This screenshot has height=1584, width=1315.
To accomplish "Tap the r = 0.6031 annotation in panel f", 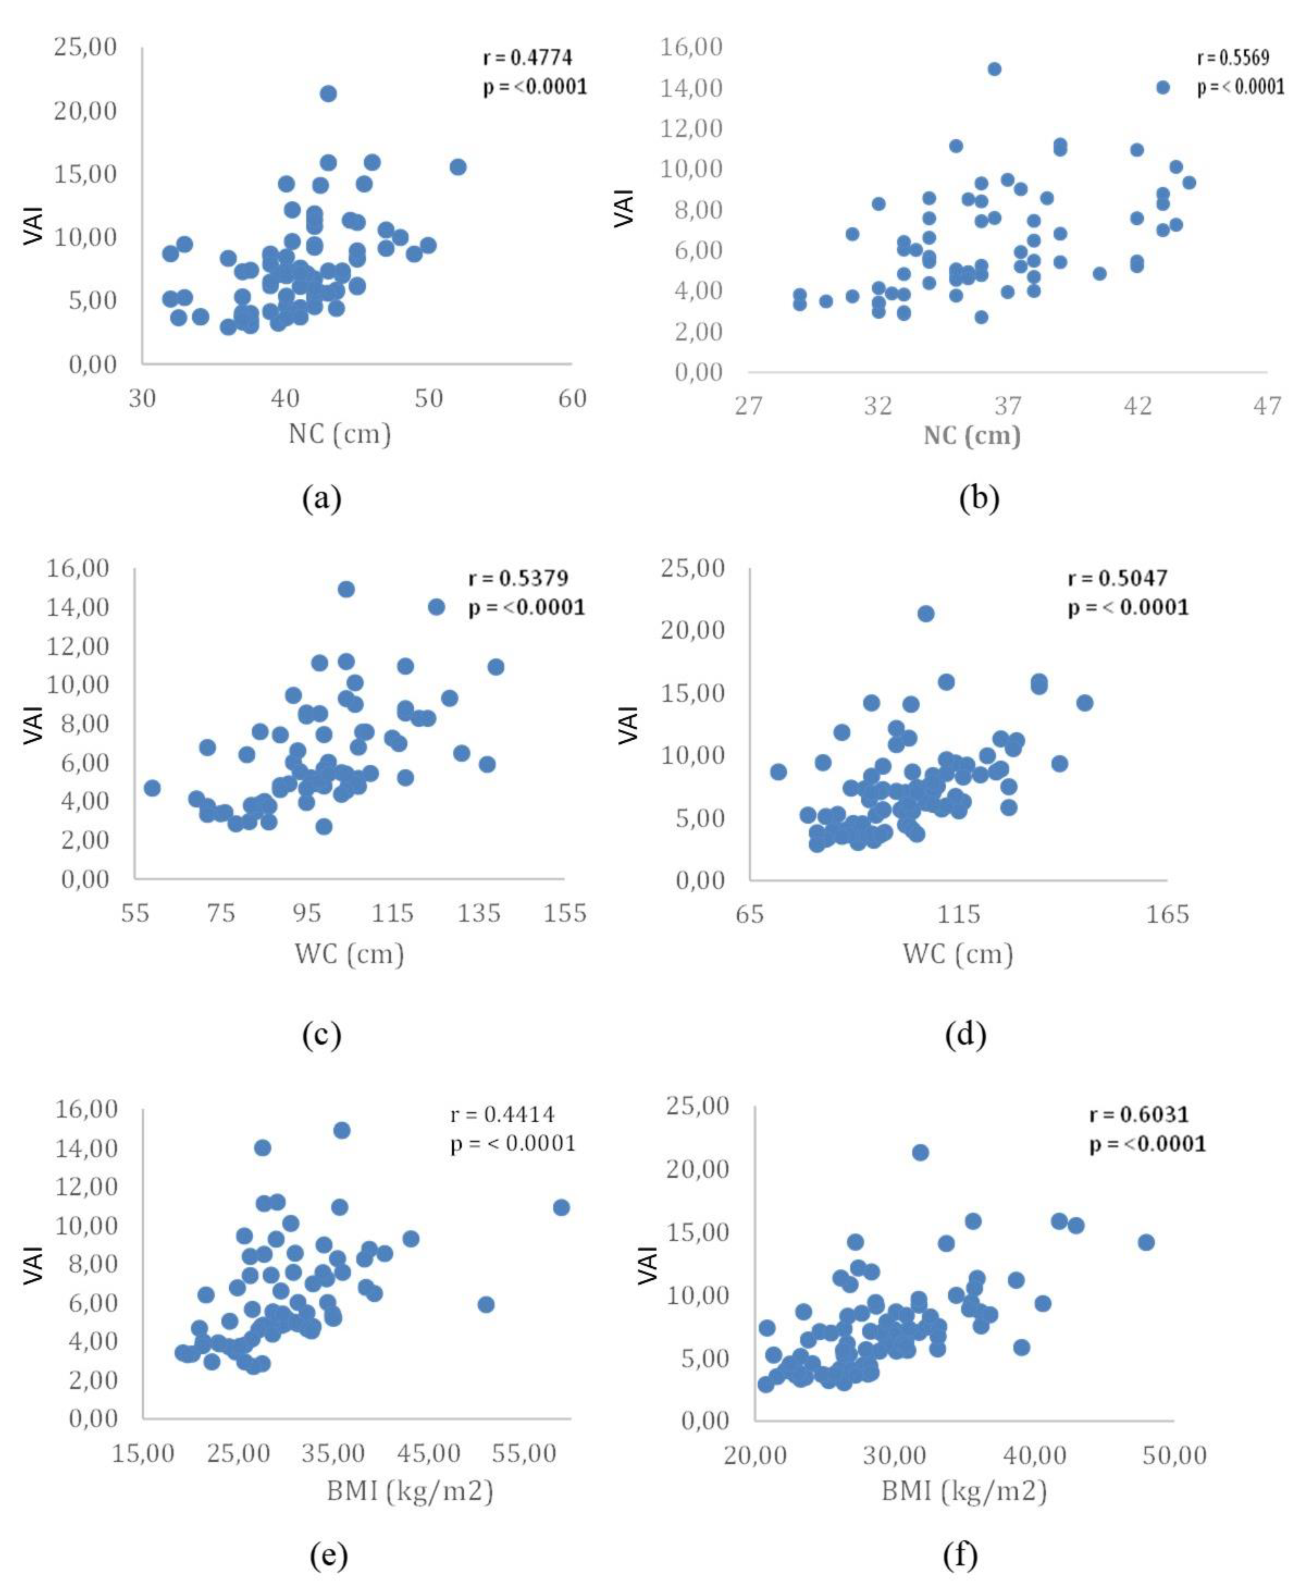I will (1139, 1115).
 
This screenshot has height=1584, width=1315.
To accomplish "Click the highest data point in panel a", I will (328, 94).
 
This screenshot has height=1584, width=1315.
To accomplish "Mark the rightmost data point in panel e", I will (561, 1208).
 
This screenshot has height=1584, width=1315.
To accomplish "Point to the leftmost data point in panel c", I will (152, 787).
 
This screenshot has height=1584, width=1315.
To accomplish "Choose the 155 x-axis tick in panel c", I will (565, 913).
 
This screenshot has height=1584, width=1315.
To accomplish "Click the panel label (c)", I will (322, 1035).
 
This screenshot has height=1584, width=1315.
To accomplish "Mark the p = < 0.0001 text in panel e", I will (513, 1144).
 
